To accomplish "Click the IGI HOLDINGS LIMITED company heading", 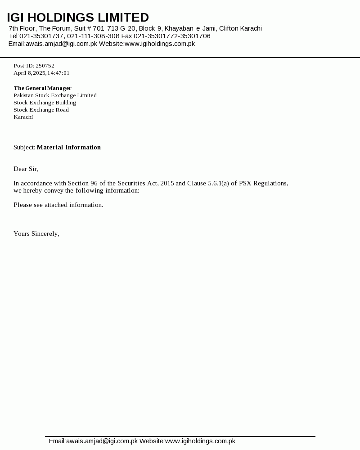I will point(78,18).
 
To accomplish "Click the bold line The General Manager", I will point(42,88).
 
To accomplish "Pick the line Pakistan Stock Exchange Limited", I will point(55,95).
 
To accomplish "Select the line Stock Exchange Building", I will point(45,103).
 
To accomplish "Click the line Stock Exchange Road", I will point(41,110).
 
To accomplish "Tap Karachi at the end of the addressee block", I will point(23,117).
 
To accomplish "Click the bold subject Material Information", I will point(69,147).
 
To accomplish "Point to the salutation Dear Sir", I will point(26,169).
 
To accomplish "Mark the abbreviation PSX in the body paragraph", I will point(245,183).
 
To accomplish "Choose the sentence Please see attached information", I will point(58,205).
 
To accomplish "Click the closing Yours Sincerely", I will point(36,234).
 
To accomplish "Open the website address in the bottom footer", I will point(200,441).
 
